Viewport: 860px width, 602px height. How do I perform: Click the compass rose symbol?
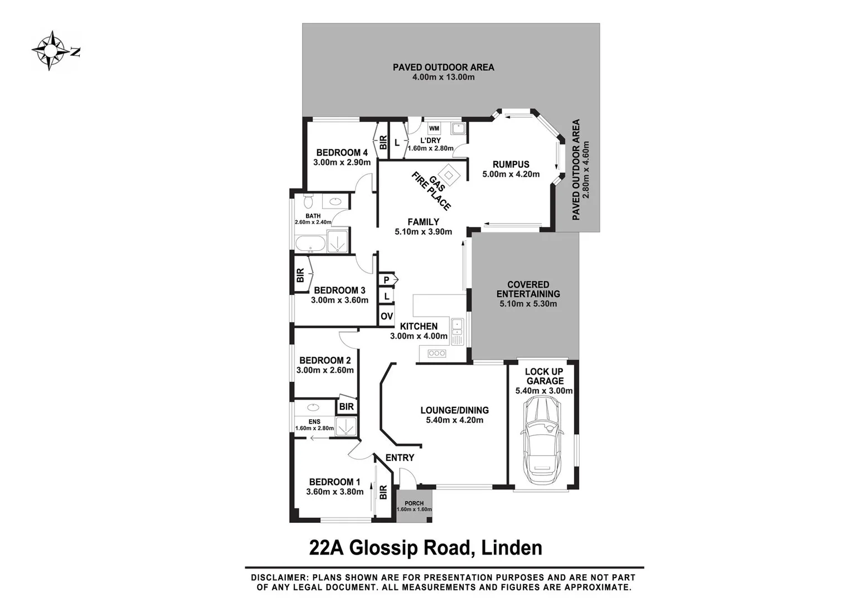coord(50,51)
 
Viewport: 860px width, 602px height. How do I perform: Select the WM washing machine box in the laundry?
coord(434,129)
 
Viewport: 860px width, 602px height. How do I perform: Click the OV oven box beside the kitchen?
coord(386,317)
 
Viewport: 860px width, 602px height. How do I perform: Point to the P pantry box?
coord(386,280)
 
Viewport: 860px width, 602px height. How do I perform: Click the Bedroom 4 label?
coord(342,153)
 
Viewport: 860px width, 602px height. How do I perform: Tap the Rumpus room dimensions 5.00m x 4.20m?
coord(511,174)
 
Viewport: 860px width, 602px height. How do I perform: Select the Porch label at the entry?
coord(414,503)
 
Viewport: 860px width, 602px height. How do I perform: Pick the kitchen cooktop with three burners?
coord(436,353)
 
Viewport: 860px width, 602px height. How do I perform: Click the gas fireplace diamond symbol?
coord(449,174)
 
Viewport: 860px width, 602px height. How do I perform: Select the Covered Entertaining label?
coord(528,289)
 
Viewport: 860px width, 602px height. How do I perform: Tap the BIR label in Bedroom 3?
coord(300,275)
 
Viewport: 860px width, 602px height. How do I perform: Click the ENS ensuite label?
coord(314,421)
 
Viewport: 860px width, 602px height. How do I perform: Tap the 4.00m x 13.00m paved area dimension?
coord(443,77)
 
